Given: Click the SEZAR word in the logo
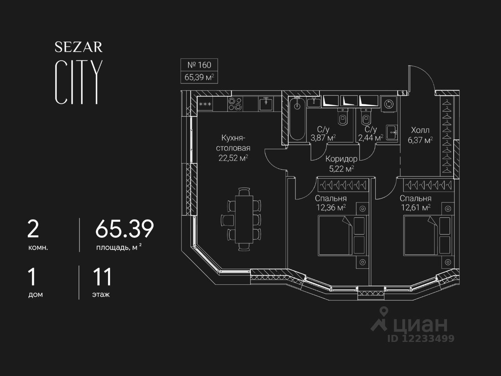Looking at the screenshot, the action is click(x=78, y=47).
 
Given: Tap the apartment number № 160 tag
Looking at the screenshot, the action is click(x=199, y=65).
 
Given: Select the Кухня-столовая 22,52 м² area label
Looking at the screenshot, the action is click(x=234, y=148).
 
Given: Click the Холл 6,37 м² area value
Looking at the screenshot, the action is click(x=420, y=140).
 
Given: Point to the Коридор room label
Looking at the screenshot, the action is click(x=341, y=159).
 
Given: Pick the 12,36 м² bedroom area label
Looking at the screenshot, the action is click(x=331, y=207).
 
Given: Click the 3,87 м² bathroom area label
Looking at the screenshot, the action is click(x=323, y=137).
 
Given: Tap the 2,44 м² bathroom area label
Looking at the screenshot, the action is click(x=370, y=137).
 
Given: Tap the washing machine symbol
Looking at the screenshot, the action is click(x=389, y=104).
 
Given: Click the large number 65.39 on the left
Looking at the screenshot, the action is click(x=124, y=229).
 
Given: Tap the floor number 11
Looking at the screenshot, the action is click(x=102, y=277).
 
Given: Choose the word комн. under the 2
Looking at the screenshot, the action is click(x=38, y=248).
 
